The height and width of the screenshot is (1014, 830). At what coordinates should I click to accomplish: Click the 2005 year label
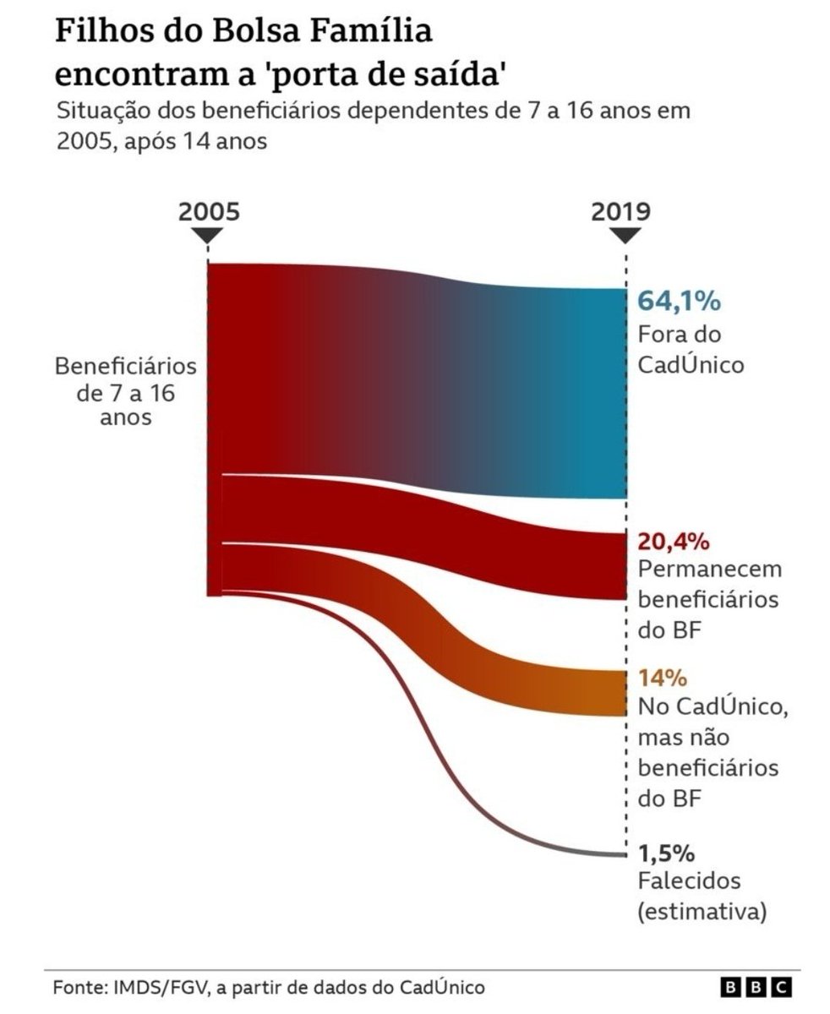tap(209, 210)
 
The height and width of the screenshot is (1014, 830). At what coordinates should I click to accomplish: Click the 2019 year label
tap(620, 210)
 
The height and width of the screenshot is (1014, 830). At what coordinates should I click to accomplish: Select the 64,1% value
tap(673, 302)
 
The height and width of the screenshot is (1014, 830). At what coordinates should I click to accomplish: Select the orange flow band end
tap(592, 693)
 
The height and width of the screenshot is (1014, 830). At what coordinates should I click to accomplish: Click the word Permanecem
tap(709, 569)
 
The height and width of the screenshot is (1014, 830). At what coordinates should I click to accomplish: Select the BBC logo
tap(756, 987)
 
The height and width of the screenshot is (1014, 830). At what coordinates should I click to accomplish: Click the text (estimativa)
tap(702, 911)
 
